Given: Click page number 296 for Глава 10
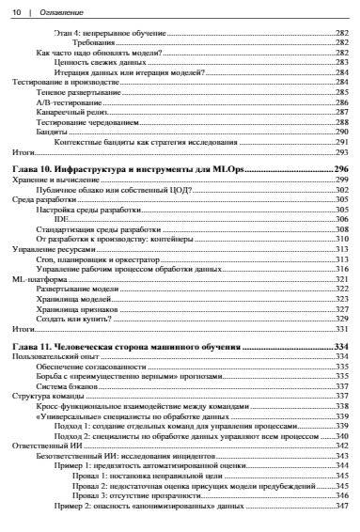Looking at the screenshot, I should [x=341, y=167].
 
